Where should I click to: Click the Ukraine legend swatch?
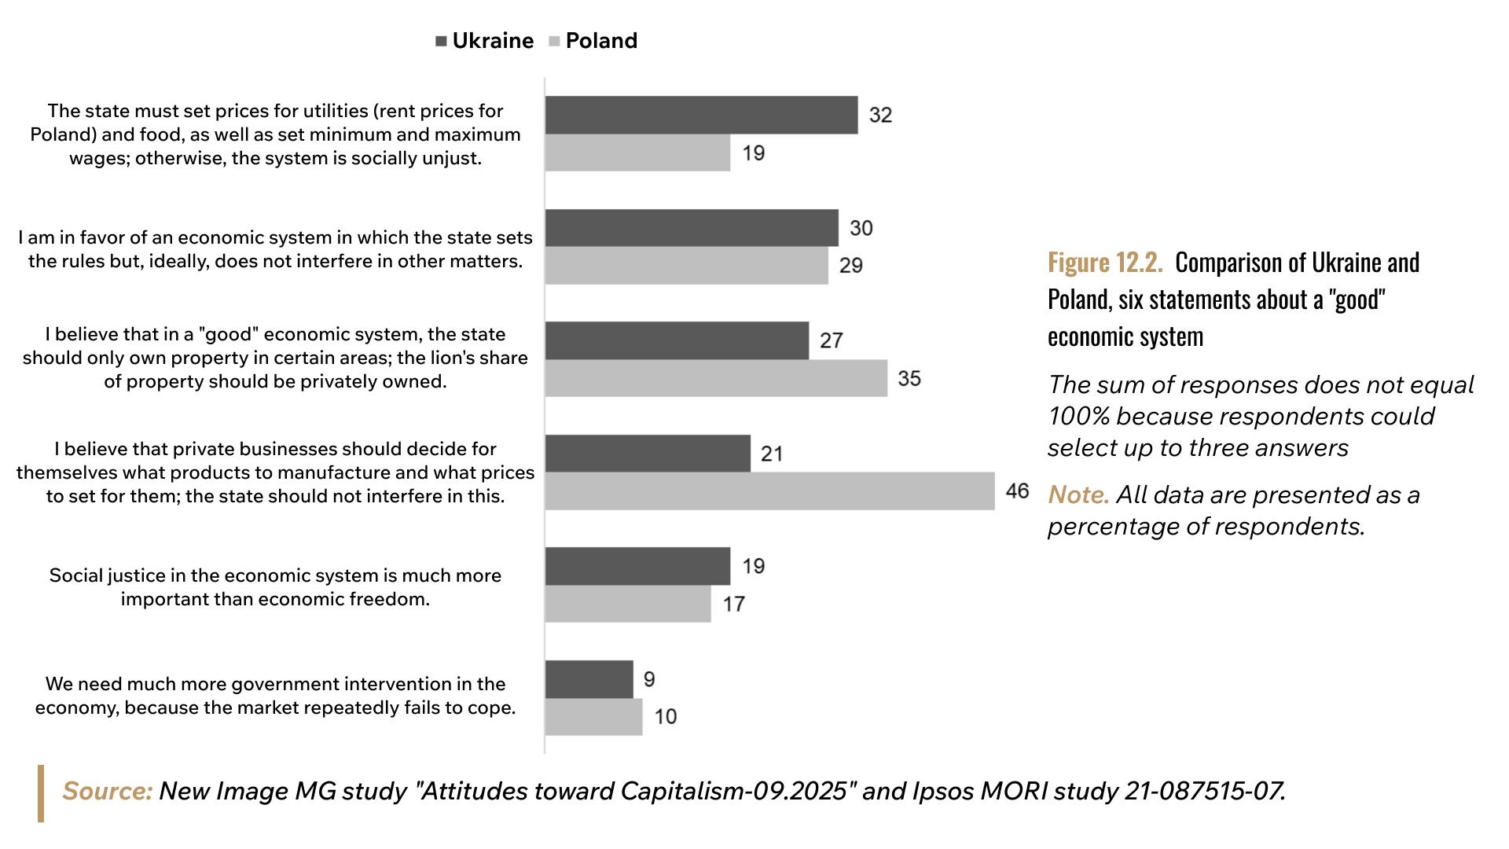(441, 42)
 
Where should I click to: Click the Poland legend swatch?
(554, 42)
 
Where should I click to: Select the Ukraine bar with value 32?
(701, 115)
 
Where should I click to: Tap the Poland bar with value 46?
(769, 491)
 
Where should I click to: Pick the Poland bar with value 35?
(716, 378)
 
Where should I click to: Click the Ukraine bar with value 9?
(589, 679)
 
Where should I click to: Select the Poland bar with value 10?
(593, 717)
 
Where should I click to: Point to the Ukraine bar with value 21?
(648, 454)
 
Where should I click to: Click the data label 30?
(861, 228)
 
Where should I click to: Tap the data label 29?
(850, 266)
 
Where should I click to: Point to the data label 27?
(831, 340)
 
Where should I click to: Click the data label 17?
(733, 604)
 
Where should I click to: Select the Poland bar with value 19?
(637, 153)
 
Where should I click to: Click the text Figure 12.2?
(1104, 263)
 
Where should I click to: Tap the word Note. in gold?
(1078, 495)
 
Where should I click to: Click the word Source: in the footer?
(107, 791)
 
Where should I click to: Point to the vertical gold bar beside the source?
(41, 793)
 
